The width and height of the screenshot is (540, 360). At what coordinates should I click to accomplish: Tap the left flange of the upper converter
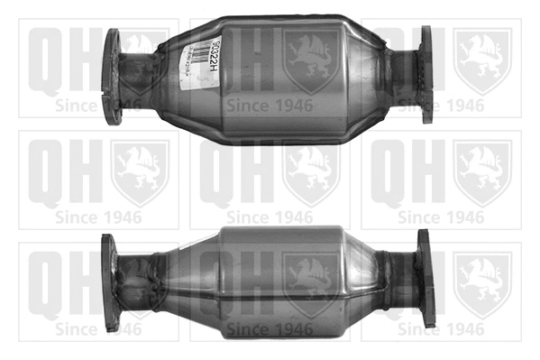click(112, 76)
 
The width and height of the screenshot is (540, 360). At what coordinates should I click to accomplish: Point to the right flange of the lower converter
click(426, 277)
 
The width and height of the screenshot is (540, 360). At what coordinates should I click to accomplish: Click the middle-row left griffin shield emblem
click(140, 171)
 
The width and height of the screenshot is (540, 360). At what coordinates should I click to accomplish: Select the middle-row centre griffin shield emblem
click(311, 171)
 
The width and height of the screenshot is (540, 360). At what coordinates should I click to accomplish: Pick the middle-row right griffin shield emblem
click(482, 171)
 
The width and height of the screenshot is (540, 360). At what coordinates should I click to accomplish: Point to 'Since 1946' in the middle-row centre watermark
click(270, 217)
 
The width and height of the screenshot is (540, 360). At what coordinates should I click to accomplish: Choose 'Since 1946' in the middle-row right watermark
click(441, 217)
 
